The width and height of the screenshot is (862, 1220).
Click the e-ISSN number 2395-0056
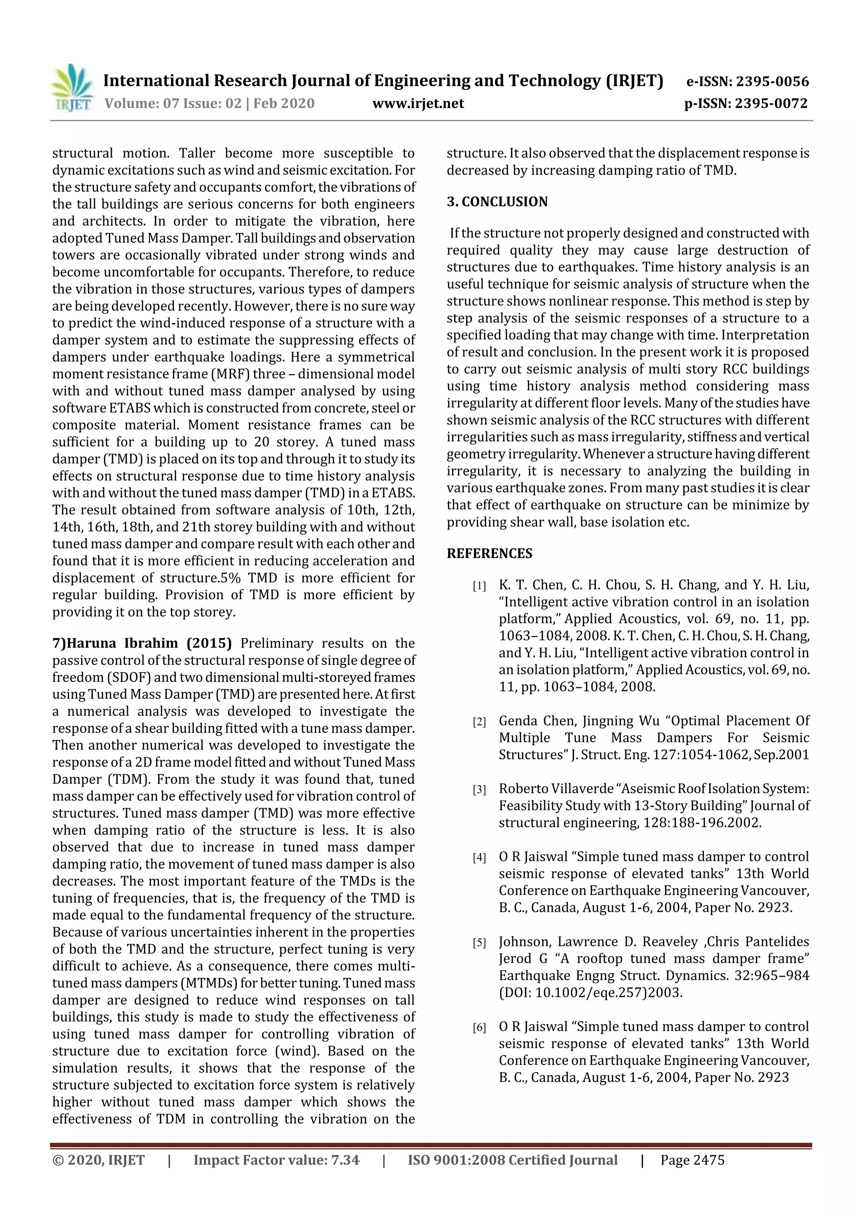tap(772, 81)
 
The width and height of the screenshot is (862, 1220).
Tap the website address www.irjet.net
tap(418, 103)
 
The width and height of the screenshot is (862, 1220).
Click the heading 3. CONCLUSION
tap(497, 202)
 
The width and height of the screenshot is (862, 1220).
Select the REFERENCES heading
tap(489, 554)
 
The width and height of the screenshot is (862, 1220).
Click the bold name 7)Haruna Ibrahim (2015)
tap(142, 643)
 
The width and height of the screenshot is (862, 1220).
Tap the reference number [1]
tap(479, 586)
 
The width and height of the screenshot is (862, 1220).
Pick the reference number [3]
tap(479, 790)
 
